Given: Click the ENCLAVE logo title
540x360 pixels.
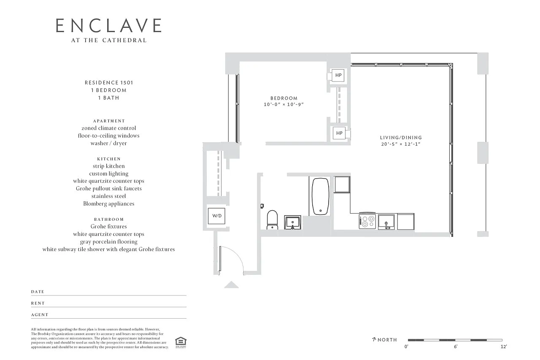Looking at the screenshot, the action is tap(109, 25).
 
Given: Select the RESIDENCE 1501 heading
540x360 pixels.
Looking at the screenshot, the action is tap(109, 83).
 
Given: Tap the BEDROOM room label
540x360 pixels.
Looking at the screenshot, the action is tap(284, 98).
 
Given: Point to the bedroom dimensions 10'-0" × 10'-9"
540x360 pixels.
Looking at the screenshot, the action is tap(284, 104).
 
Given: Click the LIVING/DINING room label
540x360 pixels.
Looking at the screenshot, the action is tap(401, 138).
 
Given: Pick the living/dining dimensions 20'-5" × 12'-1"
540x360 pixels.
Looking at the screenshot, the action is tap(401, 144).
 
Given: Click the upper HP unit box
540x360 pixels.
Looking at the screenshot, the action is tap(338, 75).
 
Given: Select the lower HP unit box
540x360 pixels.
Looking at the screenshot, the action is tap(339, 133).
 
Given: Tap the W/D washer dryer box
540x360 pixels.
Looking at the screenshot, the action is tap(216, 216).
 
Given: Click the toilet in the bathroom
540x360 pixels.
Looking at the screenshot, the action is tap(272, 220).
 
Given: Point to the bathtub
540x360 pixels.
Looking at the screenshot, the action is tap(320, 197).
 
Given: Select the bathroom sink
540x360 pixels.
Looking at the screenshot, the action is tap(292, 222).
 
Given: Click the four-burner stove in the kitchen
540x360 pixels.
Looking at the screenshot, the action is tap(367, 221).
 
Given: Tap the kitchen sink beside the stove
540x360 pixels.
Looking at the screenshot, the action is tap(386, 222).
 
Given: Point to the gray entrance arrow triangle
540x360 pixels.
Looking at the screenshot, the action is tap(232, 285).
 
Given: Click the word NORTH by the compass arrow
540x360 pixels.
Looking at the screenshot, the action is tap(387, 340).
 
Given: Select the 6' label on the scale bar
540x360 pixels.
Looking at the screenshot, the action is tap(456, 346).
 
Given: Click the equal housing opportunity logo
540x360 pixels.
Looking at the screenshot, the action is tap(181, 342).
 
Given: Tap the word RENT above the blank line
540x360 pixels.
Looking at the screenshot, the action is tap(38, 303).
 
